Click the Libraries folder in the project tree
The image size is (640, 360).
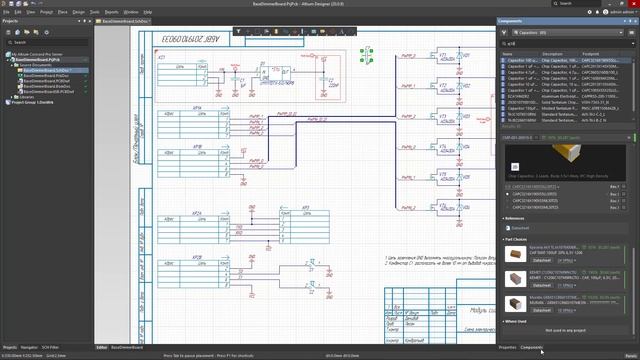coord(24,97)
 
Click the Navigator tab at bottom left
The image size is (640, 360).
coord(30,347)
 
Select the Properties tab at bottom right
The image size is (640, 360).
coord(507,347)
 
